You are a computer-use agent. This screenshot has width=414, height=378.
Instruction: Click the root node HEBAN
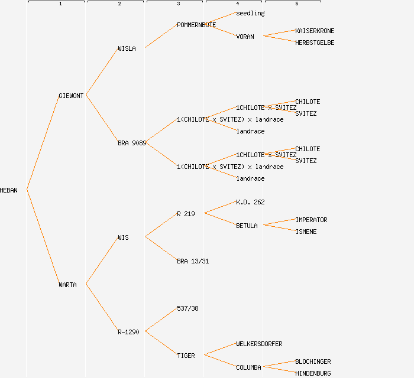9,190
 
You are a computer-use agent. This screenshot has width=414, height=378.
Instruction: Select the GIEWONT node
72,96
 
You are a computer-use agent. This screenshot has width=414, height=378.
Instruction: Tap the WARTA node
67,285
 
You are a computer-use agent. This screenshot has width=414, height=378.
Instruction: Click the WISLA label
127,48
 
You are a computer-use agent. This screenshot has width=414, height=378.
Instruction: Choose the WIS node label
123,237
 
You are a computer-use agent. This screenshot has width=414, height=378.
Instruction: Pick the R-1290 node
128,332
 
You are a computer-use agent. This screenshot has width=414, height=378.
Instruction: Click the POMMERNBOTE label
196,25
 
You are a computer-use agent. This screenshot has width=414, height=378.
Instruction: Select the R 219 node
186,214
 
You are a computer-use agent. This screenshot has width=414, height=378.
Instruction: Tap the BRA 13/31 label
193,261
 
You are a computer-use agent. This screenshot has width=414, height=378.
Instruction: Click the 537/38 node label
187,308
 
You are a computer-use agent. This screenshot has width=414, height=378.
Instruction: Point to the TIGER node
186,356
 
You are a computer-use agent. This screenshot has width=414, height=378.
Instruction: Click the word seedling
250,13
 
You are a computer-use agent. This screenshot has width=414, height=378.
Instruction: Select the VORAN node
245,37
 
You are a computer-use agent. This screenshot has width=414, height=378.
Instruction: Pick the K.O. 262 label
250,202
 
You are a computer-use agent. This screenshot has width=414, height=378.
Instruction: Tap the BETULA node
247,226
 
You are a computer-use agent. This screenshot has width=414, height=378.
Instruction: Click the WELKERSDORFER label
259,344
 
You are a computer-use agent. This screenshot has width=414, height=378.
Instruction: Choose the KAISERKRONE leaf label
315,31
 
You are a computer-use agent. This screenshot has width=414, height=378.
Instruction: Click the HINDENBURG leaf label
313,373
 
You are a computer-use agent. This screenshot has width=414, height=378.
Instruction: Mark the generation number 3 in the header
178,4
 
